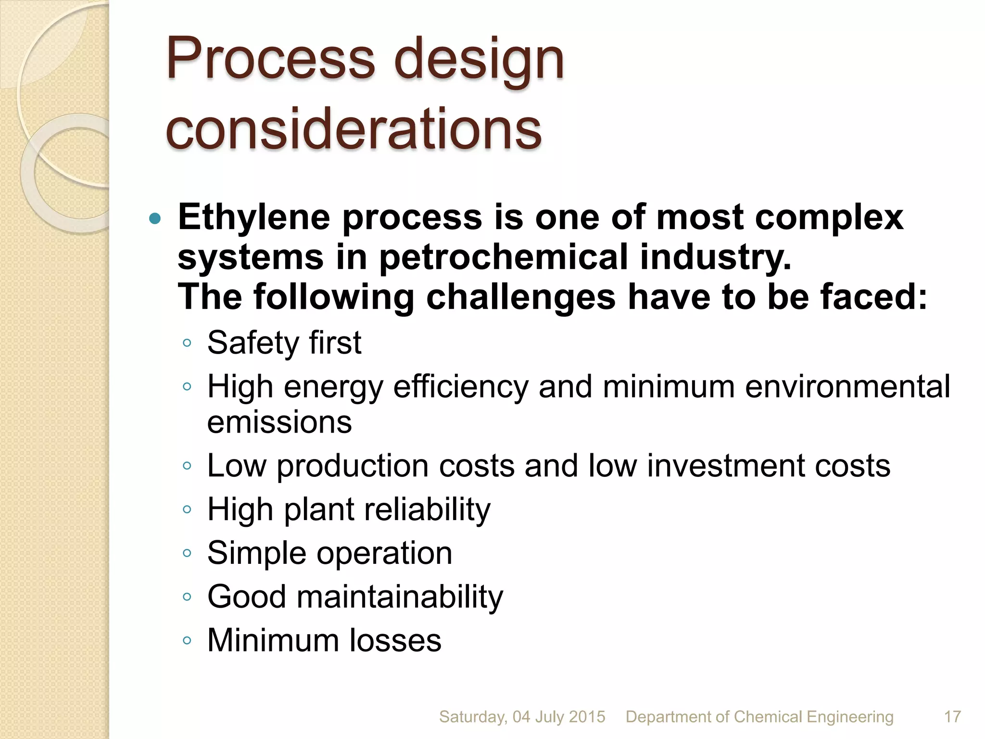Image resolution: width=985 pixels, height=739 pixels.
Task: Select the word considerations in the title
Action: pyautogui.click(x=354, y=129)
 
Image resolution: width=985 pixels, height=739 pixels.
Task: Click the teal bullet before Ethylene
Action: pyautogui.click(x=154, y=219)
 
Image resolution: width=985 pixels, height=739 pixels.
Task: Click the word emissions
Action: pyautogui.click(x=279, y=422)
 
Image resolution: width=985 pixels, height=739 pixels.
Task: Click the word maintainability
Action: pyautogui.click(x=400, y=597)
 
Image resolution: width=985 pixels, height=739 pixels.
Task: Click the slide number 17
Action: pyautogui.click(x=952, y=717)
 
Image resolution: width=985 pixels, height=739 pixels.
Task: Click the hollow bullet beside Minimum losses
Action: pyautogui.click(x=187, y=640)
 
